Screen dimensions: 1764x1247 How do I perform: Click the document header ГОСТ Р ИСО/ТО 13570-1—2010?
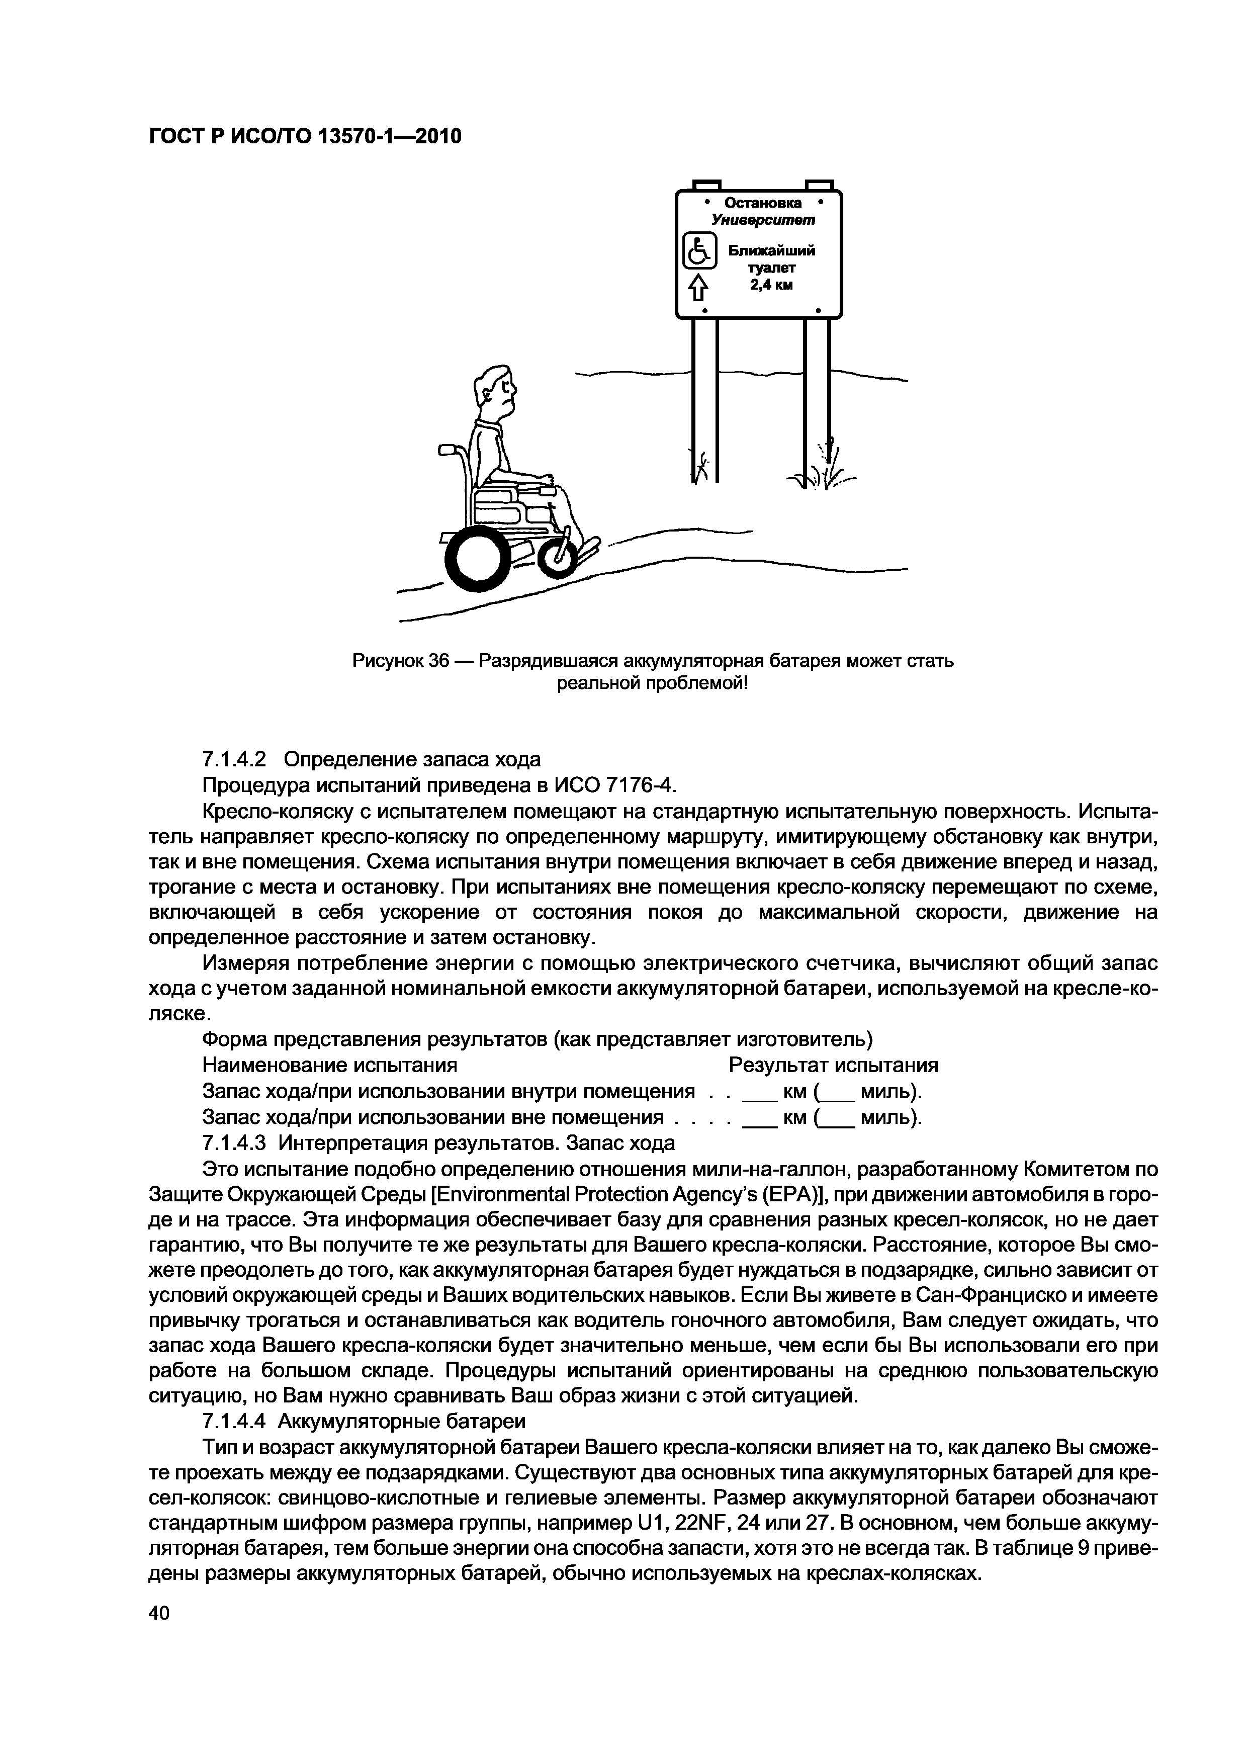click(304, 137)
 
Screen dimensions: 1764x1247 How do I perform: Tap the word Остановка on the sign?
click(762, 203)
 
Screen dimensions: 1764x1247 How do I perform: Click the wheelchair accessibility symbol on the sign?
click(699, 251)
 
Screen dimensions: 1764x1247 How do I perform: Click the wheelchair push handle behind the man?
click(449, 452)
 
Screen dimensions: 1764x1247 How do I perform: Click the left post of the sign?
click(704, 399)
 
